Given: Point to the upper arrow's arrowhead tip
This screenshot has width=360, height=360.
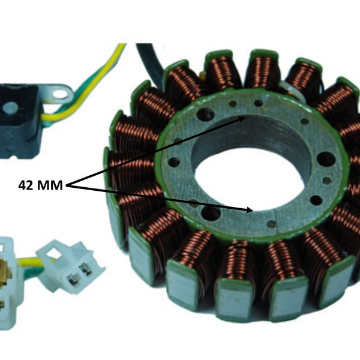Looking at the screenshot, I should [x=245, y=116].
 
